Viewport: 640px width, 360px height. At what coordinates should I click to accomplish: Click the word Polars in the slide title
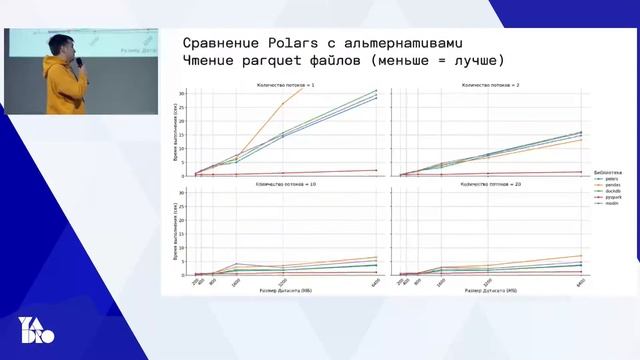coord(297,42)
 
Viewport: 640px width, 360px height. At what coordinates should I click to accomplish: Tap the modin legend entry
coord(604,204)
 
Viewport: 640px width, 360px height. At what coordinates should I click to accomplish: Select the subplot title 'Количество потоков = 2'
coord(485,86)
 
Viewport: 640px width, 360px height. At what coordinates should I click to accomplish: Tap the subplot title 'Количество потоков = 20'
coord(485,184)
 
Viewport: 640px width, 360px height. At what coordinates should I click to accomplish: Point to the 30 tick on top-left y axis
coord(181,94)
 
